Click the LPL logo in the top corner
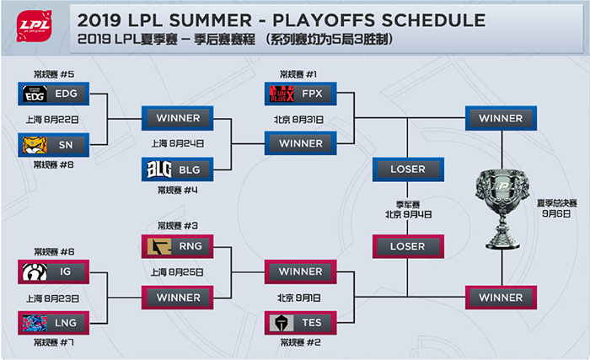coord(34,25)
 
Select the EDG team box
coord(53,94)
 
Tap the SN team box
coord(53,145)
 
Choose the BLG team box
coord(177,169)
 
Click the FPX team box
coord(300,94)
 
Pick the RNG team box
coord(177,246)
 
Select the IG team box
coord(53,271)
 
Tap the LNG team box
coord(53,323)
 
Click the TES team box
coord(300,323)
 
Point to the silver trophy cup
coord(502,209)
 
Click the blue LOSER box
coord(408,169)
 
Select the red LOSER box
coord(408,246)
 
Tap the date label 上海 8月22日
coord(52,120)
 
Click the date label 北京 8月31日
coord(298,120)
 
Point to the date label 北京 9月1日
coord(299,298)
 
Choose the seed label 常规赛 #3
coord(178,226)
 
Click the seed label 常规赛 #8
coord(54,165)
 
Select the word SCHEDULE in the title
coord(433,20)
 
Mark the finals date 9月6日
coord(556,214)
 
